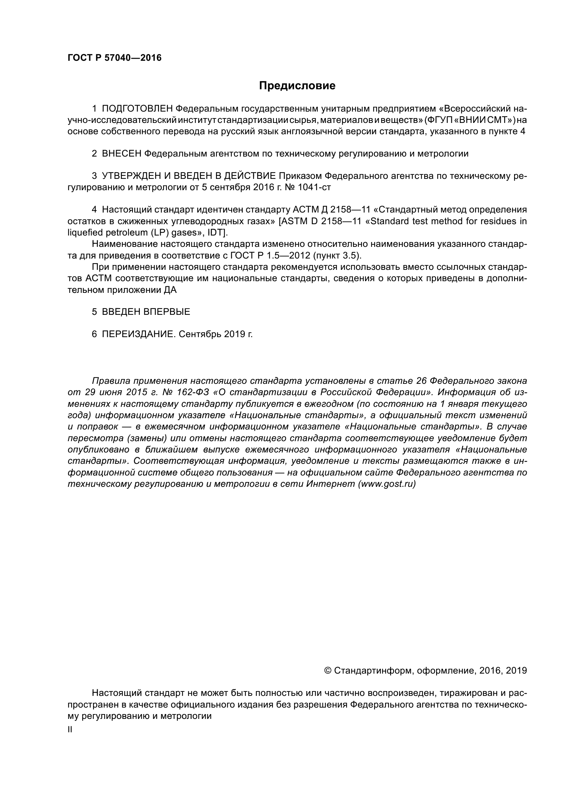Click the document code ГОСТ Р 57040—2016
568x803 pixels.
(x=114, y=58)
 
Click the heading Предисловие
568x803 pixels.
(x=297, y=86)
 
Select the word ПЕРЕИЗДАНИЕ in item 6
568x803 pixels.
(x=138, y=334)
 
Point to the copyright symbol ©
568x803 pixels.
(x=328, y=670)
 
